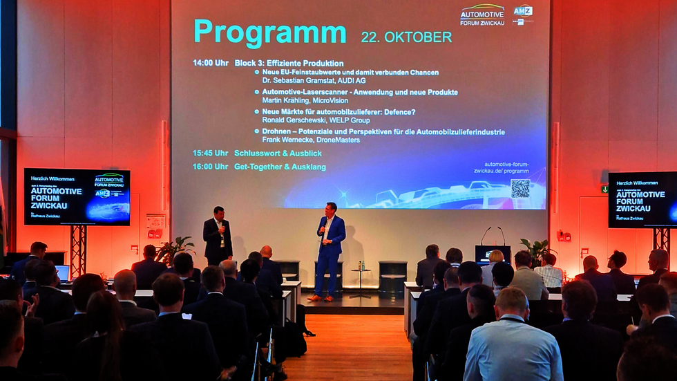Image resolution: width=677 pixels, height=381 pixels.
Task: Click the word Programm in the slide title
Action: [269, 32]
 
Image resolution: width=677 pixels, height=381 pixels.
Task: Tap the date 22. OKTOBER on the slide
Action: [406, 37]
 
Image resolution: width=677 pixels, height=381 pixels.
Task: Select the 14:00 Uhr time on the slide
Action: [211, 63]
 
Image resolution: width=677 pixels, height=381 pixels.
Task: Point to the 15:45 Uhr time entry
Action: [211, 153]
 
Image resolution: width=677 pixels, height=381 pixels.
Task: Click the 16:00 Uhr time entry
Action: [211, 167]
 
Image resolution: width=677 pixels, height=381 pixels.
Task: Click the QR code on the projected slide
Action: [520, 188]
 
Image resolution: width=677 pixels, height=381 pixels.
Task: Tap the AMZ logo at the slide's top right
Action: [523, 11]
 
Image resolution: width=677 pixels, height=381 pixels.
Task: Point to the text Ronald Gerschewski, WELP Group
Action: [316, 120]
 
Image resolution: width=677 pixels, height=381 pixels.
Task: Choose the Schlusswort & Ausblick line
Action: [278, 153]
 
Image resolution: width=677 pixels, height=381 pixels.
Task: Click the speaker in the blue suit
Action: [330, 249]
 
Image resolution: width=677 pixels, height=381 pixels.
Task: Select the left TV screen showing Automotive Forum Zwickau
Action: [77, 197]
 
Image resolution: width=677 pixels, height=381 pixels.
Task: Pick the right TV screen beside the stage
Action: [642, 200]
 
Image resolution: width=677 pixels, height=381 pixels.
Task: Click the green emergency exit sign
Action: [604, 189]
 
